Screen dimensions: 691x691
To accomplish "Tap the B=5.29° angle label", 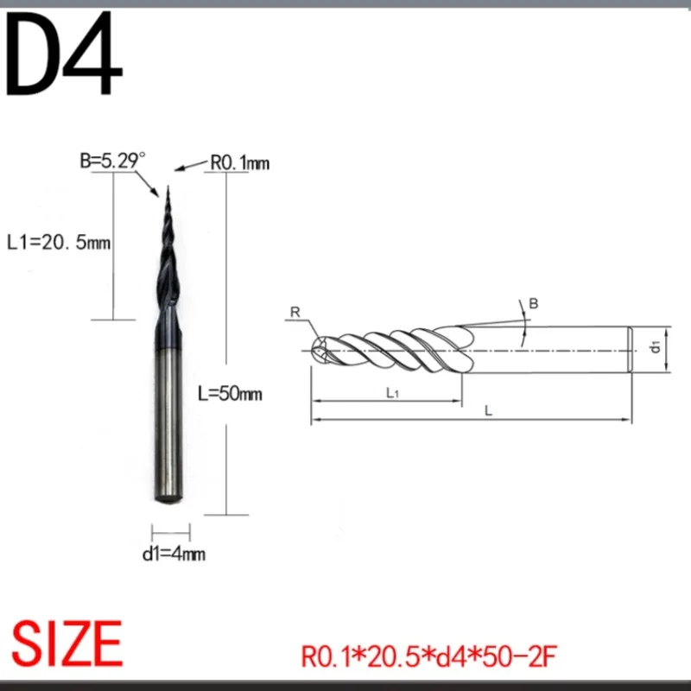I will pyautogui.click(x=112, y=161).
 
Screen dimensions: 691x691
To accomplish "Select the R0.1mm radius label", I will pyautogui.click(x=241, y=162).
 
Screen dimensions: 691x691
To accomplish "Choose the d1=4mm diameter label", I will pyautogui.click(x=174, y=554).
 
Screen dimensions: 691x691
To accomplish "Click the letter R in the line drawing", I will pyautogui.click(x=295, y=313).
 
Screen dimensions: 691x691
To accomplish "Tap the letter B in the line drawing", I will pyautogui.click(x=533, y=302).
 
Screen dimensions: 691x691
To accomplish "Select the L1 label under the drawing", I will pyautogui.click(x=390, y=394).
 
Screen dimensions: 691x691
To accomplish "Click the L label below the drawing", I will pyautogui.click(x=488, y=412).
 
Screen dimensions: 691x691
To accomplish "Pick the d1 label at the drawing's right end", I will pyautogui.click(x=656, y=347).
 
